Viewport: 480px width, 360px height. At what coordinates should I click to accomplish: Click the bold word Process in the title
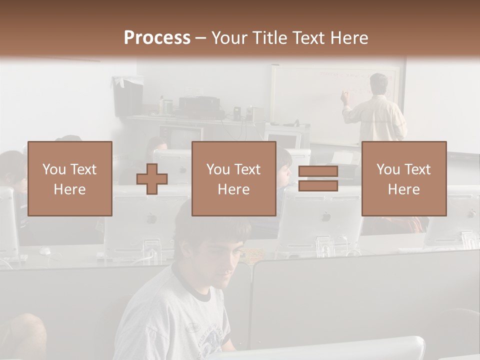(x=157, y=37)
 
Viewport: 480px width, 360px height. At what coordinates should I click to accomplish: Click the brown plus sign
(x=152, y=179)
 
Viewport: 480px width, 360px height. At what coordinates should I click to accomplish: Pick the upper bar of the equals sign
(x=318, y=171)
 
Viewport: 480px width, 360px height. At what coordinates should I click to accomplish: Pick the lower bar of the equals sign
(x=318, y=186)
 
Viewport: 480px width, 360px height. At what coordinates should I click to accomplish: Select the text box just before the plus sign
(x=70, y=178)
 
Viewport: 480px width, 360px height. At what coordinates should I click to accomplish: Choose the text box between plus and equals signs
(x=233, y=178)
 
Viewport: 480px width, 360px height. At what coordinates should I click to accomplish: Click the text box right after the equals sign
(x=404, y=178)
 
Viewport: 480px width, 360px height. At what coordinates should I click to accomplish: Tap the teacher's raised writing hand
(x=344, y=95)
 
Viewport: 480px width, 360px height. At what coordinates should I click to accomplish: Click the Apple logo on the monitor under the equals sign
(x=326, y=216)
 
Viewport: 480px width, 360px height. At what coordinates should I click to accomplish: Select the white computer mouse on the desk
(x=45, y=251)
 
